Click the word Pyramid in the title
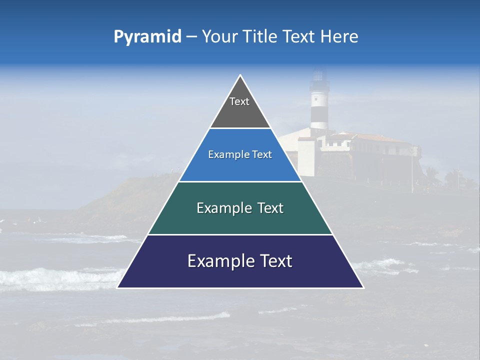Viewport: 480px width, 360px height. [147, 36]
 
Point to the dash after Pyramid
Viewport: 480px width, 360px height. [191, 37]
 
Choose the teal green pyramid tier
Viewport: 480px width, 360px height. [240, 220]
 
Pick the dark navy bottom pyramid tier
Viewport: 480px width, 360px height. [240, 272]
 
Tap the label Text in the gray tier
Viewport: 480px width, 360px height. [239, 101]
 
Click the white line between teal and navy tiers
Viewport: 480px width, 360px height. [240, 234]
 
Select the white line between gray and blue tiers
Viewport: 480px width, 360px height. [240, 128]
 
